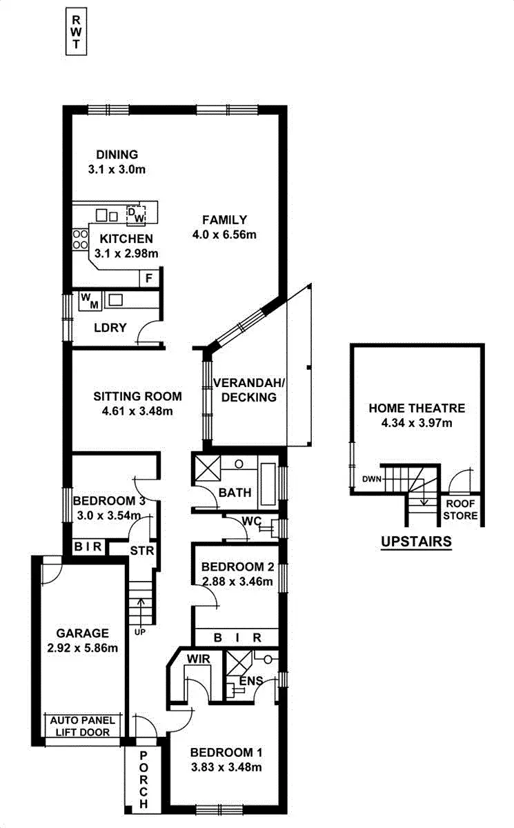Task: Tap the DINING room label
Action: point(117,155)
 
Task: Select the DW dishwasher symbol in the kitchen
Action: point(137,215)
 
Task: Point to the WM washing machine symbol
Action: point(90,300)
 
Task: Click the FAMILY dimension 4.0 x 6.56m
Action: point(224,235)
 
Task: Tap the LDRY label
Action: point(110,328)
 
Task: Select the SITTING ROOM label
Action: point(137,396)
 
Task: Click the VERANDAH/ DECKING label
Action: point(245,390)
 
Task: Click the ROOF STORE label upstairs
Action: point(460,510)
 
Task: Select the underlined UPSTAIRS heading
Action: point(416,542)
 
